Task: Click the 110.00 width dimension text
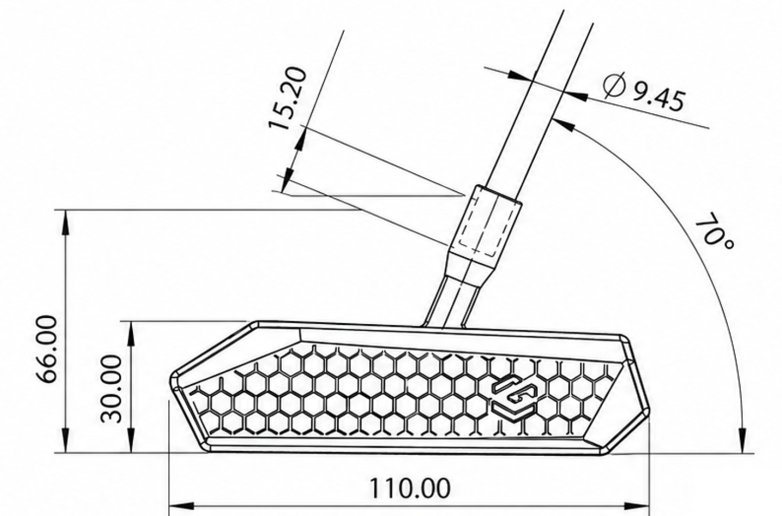pyautogui.click(x=409, y=489)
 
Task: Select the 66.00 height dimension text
pyautogui.click(x=47, y=349)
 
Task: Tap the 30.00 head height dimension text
pyautogui.click(x=111, y=389)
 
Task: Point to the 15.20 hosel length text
pyautogui.click(x=287, y=99)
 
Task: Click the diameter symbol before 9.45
pyautogui.click(x=614, y=86)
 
